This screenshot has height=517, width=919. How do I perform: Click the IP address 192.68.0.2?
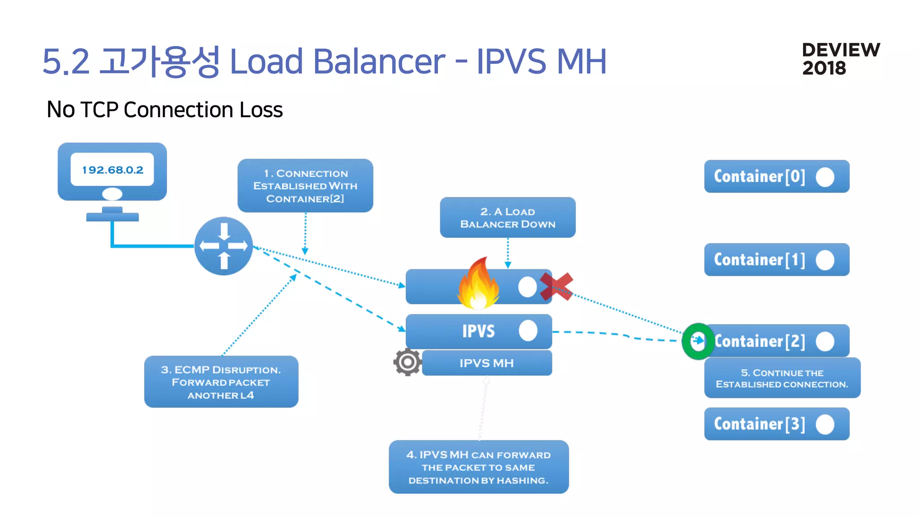coord(113,170)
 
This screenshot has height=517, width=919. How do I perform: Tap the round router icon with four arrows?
coord(223,246)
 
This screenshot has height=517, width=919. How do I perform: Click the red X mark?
coord(556,286)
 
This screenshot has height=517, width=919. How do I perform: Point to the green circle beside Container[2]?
coord(698,341)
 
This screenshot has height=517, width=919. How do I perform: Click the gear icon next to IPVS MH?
coord(407,362)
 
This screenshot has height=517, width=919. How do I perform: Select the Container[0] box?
coord(776,176)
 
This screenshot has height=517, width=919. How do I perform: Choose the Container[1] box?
coord(776,259)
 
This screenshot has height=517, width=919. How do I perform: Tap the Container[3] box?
coord(776,424)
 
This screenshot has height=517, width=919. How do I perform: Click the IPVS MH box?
coord(487,363)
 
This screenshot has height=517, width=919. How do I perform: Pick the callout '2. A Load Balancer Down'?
coord(508,218)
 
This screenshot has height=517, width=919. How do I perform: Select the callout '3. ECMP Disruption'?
coord(221,382)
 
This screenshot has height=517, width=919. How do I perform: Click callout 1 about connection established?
coord(305,186)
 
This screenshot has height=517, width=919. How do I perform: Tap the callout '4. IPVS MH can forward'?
coord(478,467)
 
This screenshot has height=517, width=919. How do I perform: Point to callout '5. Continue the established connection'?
coord(782,378)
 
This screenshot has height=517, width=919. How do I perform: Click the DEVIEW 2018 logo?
coord(840,59)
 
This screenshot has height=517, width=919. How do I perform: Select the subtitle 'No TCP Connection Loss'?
coord(165,110)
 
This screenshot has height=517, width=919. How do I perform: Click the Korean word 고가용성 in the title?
coord(159,61)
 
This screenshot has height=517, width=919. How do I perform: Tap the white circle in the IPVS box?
coord(528,331)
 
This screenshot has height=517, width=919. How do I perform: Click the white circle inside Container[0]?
coord(825,177)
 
